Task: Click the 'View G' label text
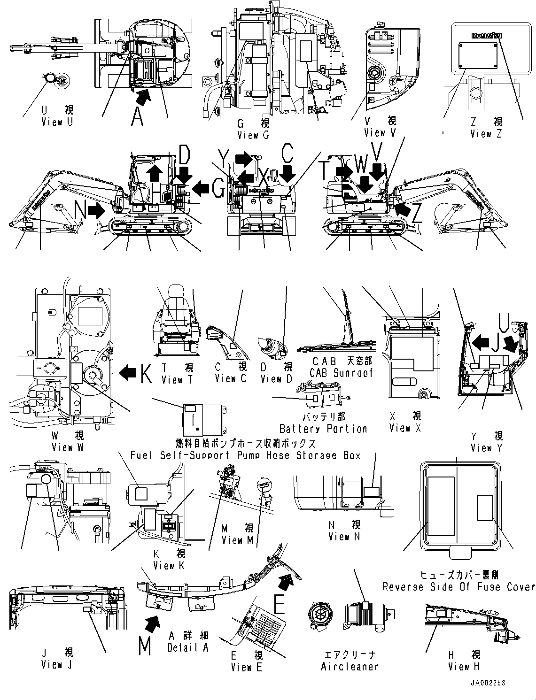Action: pos(253,135)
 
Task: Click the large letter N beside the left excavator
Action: pos(80,211)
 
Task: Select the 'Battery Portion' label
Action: pos(323,429)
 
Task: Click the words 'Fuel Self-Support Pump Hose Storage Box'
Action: pos(245,455)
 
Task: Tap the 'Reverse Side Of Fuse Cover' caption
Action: pos(458,586)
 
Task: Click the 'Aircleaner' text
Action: pos(350,666)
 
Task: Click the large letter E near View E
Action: pos(279,605)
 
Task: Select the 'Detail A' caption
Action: pos(188,647)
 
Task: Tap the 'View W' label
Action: pos(62,447)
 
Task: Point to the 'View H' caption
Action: pos(464,666)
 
